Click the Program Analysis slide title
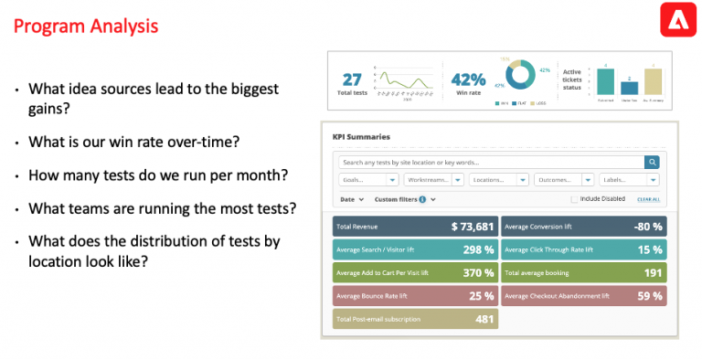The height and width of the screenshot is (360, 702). coord(86,25)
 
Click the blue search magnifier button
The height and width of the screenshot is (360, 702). coord(652,162)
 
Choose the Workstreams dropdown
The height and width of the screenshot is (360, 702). coord(433,180)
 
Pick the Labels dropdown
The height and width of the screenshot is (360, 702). coord(629,180)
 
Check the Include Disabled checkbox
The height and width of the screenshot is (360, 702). coord(574,199)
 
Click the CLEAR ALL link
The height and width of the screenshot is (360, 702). coord(648,199)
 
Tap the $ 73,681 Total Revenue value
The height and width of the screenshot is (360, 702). coord(472,227)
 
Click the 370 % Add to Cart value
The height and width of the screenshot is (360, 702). coord(477,272)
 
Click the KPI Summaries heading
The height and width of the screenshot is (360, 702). coord(361,137)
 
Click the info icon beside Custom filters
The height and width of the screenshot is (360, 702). coord(422,198)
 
